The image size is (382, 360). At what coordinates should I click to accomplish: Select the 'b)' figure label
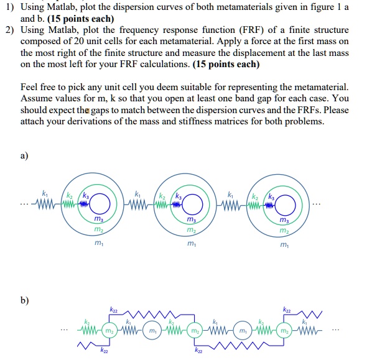point(25,300)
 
